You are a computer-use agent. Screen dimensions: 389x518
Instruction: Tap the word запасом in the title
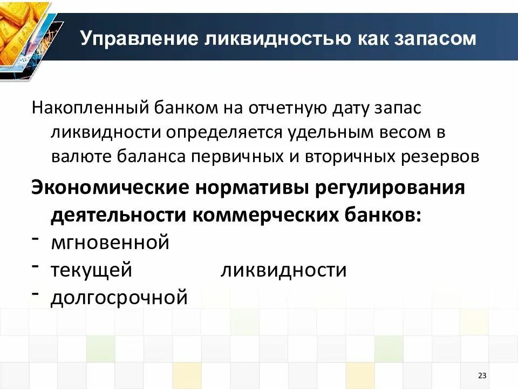(432, 39)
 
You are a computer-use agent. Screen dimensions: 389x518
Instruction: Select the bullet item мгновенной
(110, 243)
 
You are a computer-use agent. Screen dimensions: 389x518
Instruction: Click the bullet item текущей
(91, 270)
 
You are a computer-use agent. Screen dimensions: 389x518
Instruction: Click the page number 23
(482, 376)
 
